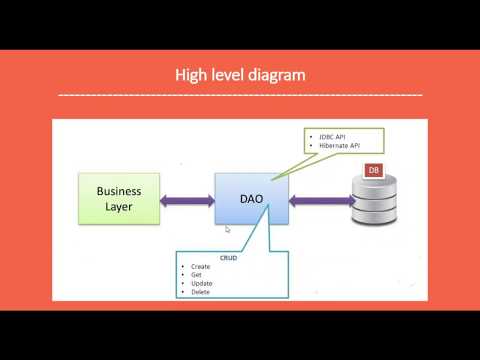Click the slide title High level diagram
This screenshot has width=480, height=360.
(239, 75)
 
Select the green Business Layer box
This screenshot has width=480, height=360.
(119, 198)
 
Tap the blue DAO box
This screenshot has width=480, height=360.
(252, 198)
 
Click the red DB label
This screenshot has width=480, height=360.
(373, 171)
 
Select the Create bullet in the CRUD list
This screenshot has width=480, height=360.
(200, 267)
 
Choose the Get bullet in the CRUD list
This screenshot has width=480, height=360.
(196, 275)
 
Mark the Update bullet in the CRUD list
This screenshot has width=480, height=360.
(200, 283)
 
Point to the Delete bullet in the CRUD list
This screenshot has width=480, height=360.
(200, 292)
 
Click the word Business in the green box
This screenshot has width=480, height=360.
(119, 190)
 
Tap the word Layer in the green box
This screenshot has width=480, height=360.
(119, 207)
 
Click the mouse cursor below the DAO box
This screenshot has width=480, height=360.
(229, 229)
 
